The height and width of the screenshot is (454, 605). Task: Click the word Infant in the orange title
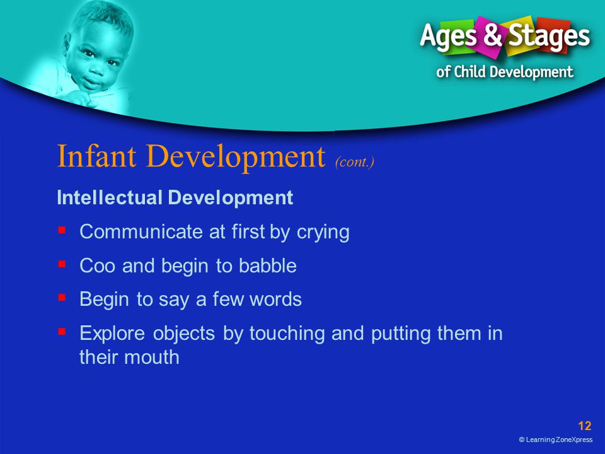tap(96, 156)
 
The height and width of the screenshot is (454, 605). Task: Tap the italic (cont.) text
tap(355, 161)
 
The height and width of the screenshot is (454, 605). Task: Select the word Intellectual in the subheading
tap(109, 197)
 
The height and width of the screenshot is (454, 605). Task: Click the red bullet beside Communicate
tap(62, 230)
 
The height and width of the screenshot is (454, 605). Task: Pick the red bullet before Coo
tap(62, 264)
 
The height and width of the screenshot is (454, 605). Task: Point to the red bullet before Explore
tap(62, 332)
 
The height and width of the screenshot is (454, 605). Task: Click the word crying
tap(323, 233)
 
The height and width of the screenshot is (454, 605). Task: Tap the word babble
tap(267, 265)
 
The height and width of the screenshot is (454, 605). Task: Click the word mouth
tap(151, 357)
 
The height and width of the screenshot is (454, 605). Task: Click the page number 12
tap(585, 426)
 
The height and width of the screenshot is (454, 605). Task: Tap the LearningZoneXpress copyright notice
tap(556, 439)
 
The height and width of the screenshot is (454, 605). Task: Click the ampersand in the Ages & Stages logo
tap(493, 34)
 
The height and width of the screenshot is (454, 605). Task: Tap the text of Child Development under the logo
tap(505, 72)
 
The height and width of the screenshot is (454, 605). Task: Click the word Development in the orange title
tap(235, 157)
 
